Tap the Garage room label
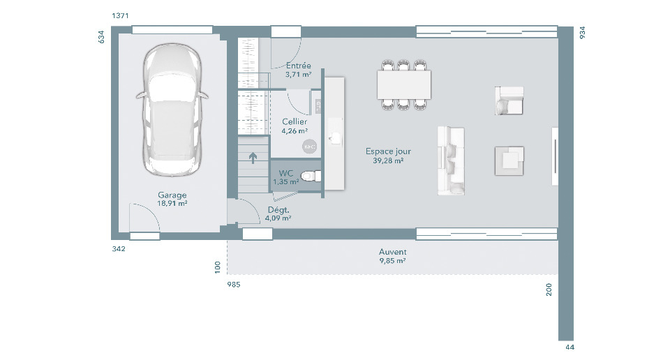172,195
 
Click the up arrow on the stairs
253,158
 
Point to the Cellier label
295,121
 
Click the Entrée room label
298,66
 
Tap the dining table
404,84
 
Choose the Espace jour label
389,151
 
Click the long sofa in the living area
451,161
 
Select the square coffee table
509,161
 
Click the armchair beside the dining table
509,100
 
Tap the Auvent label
392,252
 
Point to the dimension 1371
120,16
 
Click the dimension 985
234,285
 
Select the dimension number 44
570,347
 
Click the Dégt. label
278,210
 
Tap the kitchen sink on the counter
335,137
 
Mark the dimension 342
119,248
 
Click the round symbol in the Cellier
309,147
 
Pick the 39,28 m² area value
388,160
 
